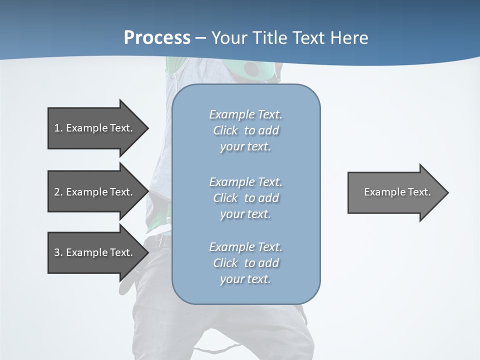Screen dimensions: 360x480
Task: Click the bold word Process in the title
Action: (157, 38)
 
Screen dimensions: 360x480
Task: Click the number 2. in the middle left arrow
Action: (58, 192)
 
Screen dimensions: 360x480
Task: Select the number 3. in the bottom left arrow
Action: (58, 252)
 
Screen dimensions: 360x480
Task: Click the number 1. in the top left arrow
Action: (58, 128)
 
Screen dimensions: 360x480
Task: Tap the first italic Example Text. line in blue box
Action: (245, 114)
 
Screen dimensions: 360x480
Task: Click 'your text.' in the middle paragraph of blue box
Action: (245, 214)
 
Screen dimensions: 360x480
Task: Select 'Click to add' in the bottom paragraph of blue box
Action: (245, 263)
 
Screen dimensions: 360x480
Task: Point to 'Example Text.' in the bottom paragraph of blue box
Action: (245, 247)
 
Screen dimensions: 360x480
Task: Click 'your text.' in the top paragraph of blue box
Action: (245, 146)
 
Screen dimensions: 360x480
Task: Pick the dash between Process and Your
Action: (200, 38)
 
